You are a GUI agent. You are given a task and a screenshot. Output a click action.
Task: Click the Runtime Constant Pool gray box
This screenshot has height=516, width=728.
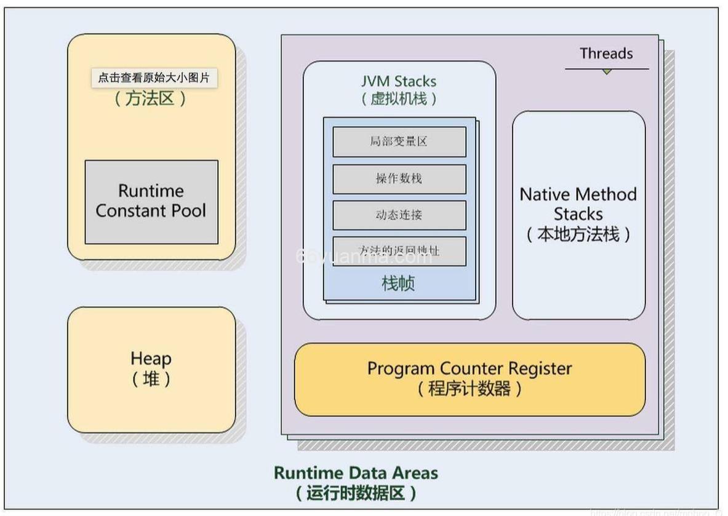point(151,202)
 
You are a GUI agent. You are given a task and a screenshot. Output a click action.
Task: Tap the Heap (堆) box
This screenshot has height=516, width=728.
point(151,370)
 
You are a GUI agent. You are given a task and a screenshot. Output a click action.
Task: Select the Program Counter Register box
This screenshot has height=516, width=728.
point(470,379)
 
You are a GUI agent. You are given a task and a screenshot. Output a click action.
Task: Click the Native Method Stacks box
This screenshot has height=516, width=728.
point(578,215)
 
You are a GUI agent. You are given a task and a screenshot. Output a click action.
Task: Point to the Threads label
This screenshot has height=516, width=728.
point(606,54)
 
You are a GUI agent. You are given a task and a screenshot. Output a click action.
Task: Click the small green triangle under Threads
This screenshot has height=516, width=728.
point(607,72)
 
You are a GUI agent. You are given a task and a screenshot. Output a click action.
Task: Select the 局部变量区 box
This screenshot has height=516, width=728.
point(399,141)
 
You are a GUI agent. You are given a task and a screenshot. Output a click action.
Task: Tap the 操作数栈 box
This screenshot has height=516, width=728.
point(399,178)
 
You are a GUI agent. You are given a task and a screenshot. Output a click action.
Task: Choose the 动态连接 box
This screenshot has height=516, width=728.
point(399,215)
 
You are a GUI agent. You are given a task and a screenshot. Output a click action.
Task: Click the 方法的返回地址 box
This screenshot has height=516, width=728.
point(399,251)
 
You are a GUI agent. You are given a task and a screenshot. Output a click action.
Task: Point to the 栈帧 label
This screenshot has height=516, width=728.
point(399,284)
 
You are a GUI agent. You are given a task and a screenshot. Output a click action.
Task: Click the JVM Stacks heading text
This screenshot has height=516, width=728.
point(399,81)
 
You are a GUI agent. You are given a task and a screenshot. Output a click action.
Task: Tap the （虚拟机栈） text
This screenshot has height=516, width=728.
point(399,98)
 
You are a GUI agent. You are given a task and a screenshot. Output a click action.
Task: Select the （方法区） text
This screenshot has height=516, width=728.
point(151,98)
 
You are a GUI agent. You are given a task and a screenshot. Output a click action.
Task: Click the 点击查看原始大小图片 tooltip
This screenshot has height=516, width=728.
point(154,78)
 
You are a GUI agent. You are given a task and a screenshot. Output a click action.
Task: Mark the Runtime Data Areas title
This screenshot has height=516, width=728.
point(356,473)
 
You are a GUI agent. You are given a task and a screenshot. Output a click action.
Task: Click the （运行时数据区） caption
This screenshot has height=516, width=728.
point(356,493)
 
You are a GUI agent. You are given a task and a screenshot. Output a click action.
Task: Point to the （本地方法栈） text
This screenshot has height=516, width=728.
point(578,234)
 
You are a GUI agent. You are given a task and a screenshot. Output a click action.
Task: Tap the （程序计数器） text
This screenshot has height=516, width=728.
point(470,389)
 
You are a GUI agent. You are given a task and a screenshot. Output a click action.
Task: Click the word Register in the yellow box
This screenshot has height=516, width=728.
point(540,368)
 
